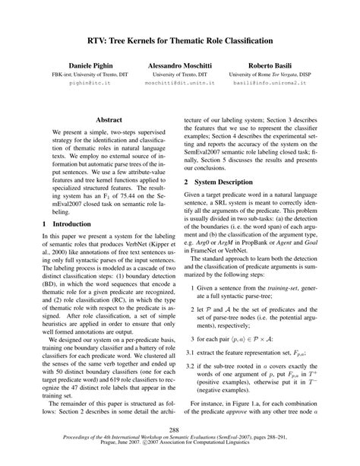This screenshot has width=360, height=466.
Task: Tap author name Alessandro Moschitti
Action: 181,68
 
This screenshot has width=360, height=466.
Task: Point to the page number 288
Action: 179,430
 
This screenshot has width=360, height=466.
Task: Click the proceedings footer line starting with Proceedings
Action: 180,439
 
